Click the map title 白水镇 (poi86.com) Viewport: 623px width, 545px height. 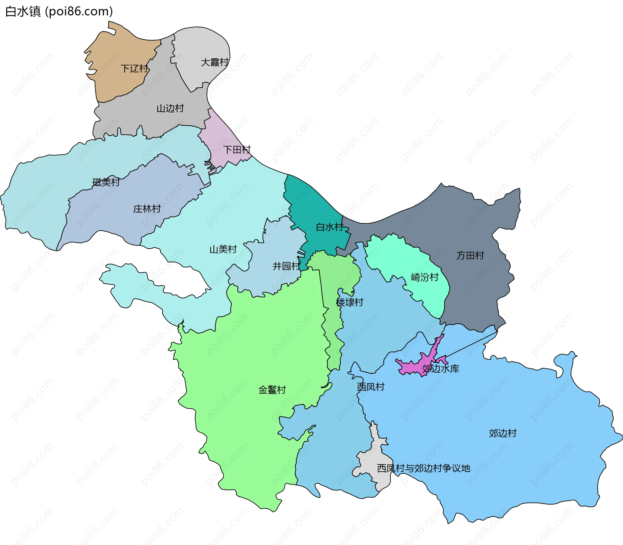pyautogui.click(x=59, y=11)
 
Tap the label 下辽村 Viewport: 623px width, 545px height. pyautogui.click(x=135, y=68)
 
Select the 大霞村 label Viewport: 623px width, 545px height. pyautogui.click(x=214, y=62)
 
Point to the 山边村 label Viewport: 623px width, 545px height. pyautogui.click(x=170, y=108)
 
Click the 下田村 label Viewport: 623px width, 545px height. pyautogui.click(x=237, y=149)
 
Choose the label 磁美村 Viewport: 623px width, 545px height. pyautogui.click(x=106, y=182)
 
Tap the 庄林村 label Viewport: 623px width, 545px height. pyautogui.click(x=147, y=209)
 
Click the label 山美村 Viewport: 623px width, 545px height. pyautogui.click(x=223, y=249)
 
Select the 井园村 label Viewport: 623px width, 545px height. pyautogui.click(x=286, y=266)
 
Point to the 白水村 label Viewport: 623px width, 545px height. pyautogui.click(x=329, y=227)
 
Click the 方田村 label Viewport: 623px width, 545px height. pyautogui.click(x=470, y=255)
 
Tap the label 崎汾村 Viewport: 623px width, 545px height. pyautogui.click(x=424, y=277)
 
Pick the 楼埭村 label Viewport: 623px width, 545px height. pyautogui.click(x=349, y=302)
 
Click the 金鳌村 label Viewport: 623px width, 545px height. pyautogui.click(x=272, y=390)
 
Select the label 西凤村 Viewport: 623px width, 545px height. pyautogui.click(x=371, y=387)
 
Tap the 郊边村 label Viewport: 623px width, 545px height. pyautogui.click(x=502, y=433)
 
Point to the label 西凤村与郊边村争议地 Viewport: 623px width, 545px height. pyautogui.click(x=423, y=468)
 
